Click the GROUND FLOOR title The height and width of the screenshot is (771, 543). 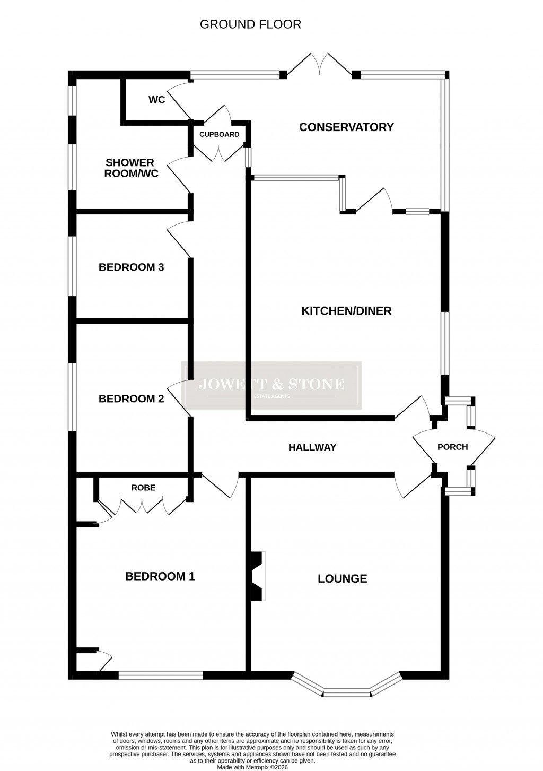(250, 24)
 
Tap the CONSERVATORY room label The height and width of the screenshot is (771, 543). (346, 127)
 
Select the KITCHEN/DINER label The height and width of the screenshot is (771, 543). (346, 310)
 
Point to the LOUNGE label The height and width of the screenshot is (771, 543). (342, 578)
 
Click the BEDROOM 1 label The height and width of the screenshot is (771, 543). (160, 576)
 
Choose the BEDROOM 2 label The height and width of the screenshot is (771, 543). (131, 399)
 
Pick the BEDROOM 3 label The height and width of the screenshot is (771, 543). (131, 267)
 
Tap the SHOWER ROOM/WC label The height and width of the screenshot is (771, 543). (130, 168)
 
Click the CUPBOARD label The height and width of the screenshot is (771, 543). (219, 134)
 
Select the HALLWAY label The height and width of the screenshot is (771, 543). (312, 447)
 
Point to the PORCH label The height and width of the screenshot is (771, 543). (452, 447)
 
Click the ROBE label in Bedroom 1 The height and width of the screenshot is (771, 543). (144, 488)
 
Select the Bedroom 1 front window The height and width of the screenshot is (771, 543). (160, 675)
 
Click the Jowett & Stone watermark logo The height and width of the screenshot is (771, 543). (271, 385)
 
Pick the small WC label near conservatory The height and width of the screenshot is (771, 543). (156, 100)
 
